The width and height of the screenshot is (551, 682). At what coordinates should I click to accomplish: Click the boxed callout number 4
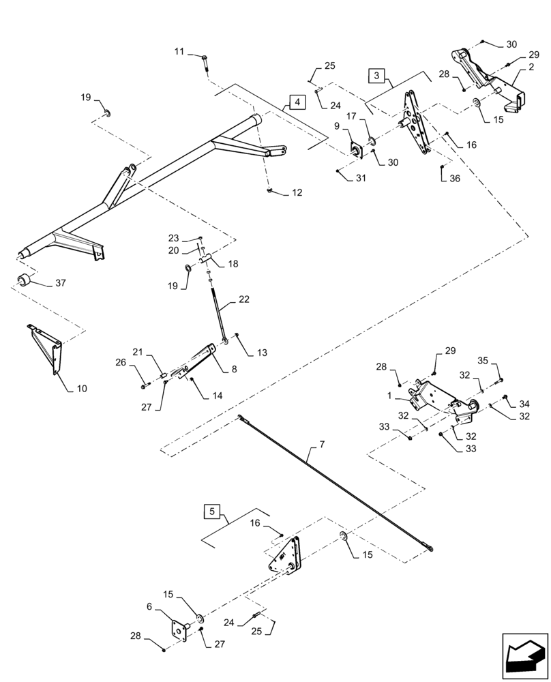[297, 102]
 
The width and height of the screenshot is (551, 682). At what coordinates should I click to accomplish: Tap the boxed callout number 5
[212, 511]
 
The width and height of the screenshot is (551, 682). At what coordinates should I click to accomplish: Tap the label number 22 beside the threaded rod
[243, 299]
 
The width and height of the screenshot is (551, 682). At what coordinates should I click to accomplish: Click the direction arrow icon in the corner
[524, 657]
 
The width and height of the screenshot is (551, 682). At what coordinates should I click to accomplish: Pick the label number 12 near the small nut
[297, 194]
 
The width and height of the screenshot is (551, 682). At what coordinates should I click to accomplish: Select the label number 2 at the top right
[530, 68]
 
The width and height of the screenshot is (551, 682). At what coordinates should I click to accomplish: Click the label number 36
[455, 179]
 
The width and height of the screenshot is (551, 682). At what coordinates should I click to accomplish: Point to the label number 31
[361, 179]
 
